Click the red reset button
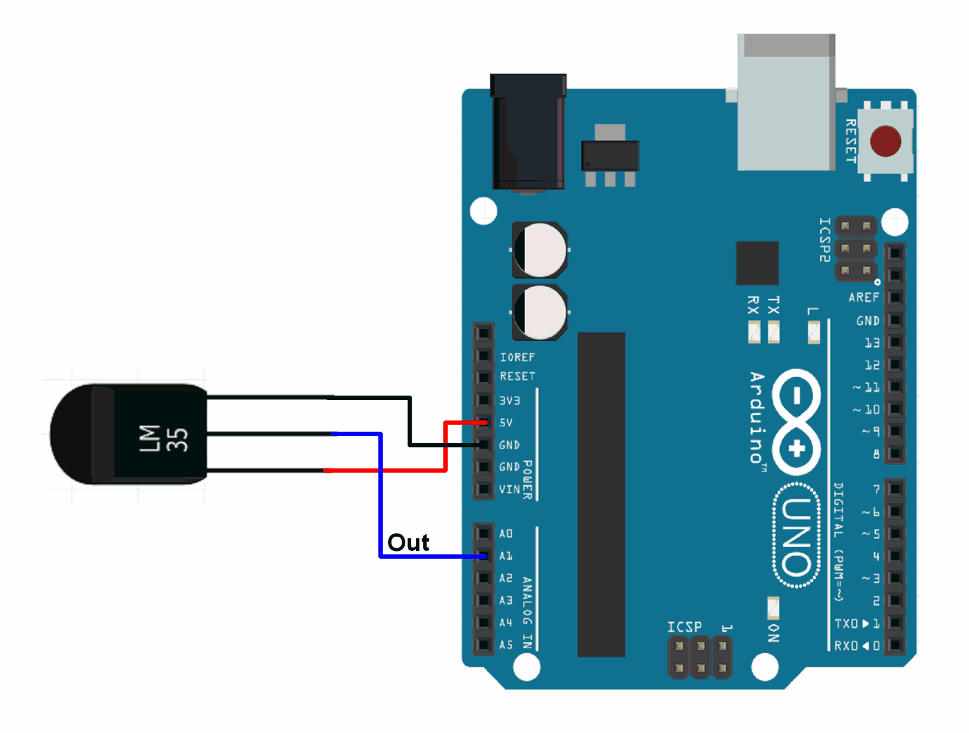[885, 141]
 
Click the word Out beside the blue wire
[408, 543]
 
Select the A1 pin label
[506, 556]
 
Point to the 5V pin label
[506, 423]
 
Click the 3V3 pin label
[510, 401]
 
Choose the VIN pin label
[509, 489]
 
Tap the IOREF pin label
[517, 357]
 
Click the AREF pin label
[864, 297]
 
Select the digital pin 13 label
[872, 343]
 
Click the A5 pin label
[506, 645]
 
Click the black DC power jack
[528, 132]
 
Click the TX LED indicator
[774, 332]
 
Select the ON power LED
[773, 608]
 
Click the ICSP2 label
[825, 240]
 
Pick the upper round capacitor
[540, 250]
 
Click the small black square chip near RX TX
[757, 263]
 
